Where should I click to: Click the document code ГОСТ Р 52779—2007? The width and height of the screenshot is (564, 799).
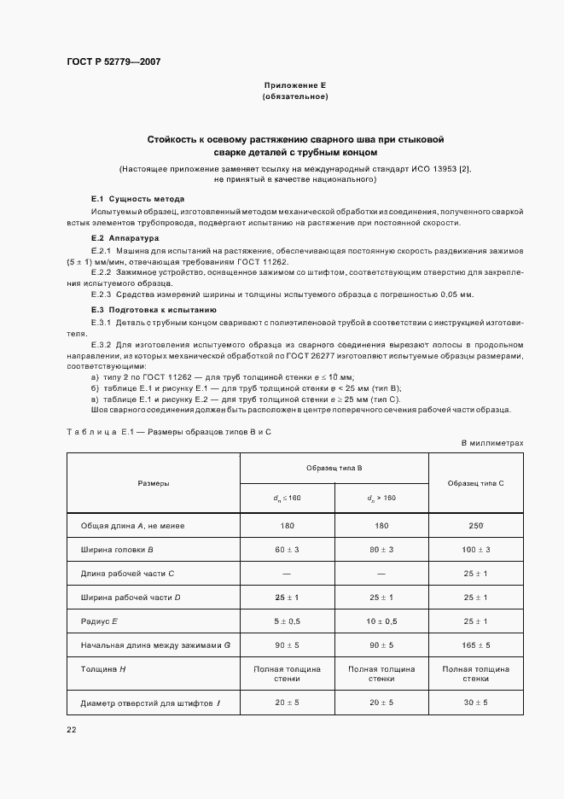click(113, 62)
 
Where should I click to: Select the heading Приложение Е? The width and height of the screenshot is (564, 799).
click(294, 85)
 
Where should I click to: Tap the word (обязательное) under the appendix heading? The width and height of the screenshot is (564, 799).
click(294, 96)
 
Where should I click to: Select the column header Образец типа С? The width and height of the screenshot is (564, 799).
click(475, 483)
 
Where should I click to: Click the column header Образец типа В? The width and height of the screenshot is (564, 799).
click(334, 469)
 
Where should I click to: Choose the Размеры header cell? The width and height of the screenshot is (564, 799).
click(154, 483)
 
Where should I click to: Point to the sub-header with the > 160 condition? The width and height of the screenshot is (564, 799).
click(381, 498)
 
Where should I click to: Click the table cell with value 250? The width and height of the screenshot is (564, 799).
click(475, 526)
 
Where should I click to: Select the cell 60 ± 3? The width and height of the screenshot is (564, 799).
click(287, 550)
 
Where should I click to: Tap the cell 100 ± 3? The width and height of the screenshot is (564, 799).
click(475, 550)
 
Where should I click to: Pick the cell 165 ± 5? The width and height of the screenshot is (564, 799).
click(475, 645)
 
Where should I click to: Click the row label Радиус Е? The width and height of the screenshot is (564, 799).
click(100, 621)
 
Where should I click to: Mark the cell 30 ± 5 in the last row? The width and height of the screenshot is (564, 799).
click(475, 702)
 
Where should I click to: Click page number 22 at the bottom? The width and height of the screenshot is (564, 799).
click(72, 729)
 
